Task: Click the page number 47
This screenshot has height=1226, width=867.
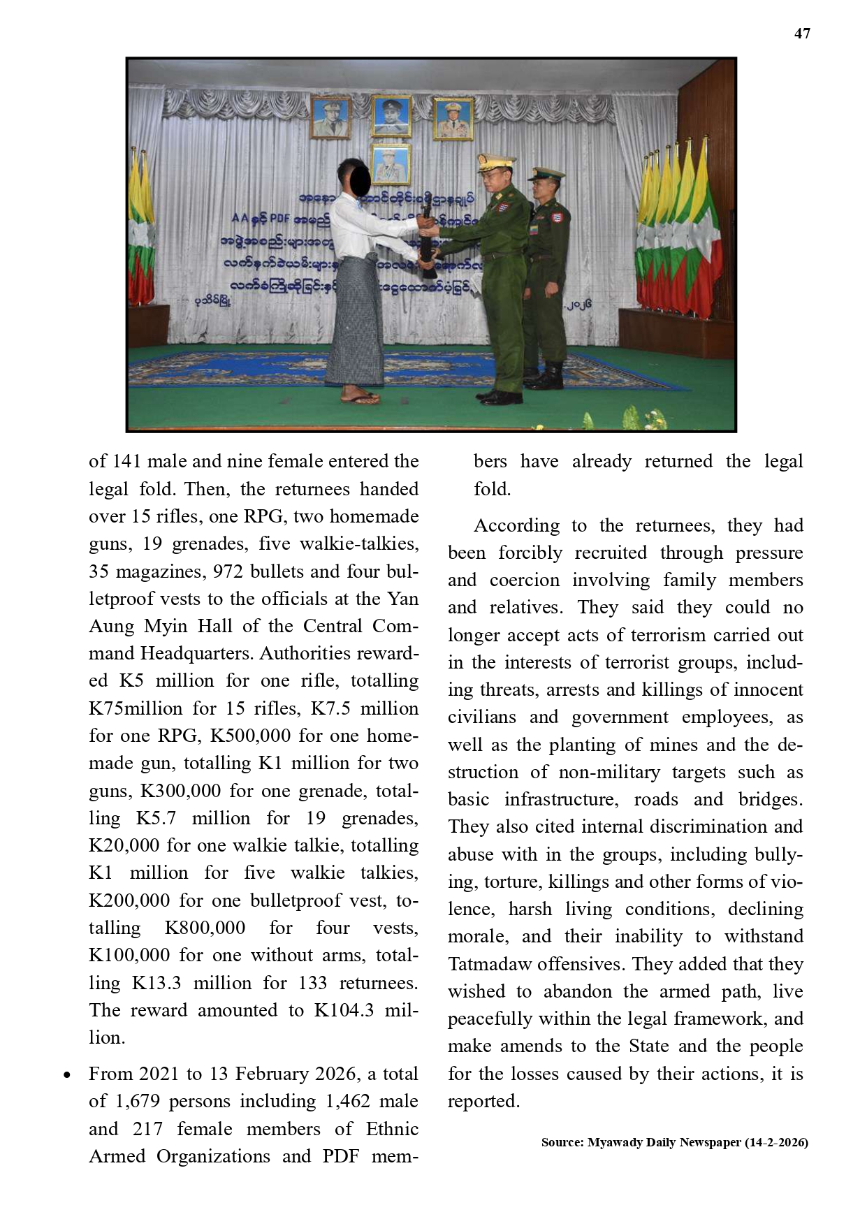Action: (802, 34)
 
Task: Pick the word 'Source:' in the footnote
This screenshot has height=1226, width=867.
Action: (562, 1143)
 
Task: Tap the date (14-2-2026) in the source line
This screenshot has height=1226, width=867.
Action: (776, 1143)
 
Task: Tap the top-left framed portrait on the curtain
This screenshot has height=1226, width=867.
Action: (330, 116)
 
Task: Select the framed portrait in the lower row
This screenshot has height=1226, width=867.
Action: (391, 165)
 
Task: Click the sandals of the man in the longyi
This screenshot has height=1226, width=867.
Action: (360, 397)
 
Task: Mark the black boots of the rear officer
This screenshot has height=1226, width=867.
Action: (545, 377)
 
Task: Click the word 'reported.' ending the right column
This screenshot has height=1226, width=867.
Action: (483, 1102)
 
